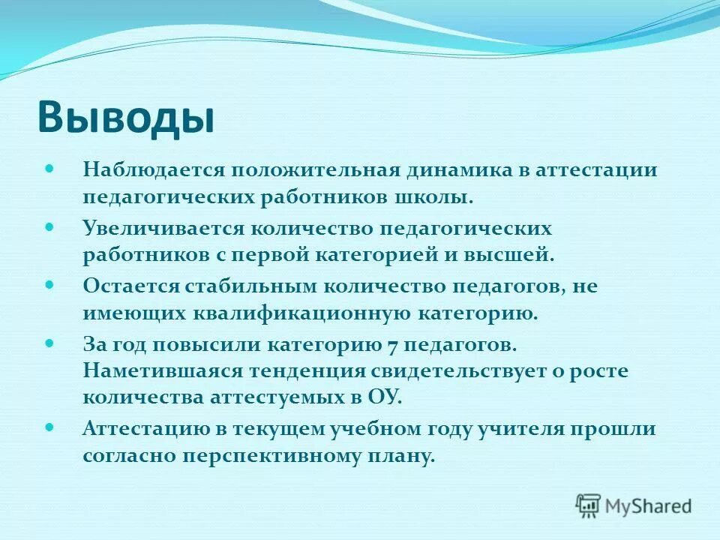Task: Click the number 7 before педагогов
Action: click(392, 344)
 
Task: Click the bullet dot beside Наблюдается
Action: click(50, 168)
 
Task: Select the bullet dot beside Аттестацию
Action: click(50, 427)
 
